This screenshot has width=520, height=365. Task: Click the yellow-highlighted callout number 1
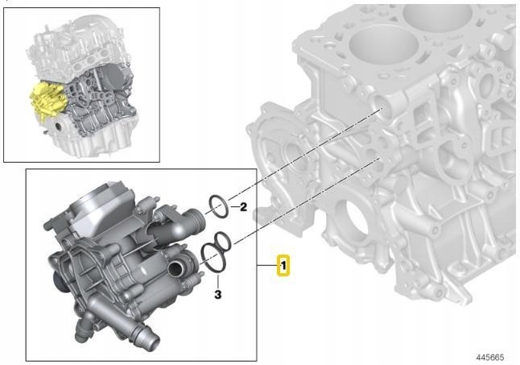pos(283,265)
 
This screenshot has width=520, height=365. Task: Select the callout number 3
pos(217,296)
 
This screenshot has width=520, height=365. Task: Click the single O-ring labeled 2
pos(217,205)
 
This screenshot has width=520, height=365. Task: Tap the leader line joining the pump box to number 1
pos(267,265)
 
